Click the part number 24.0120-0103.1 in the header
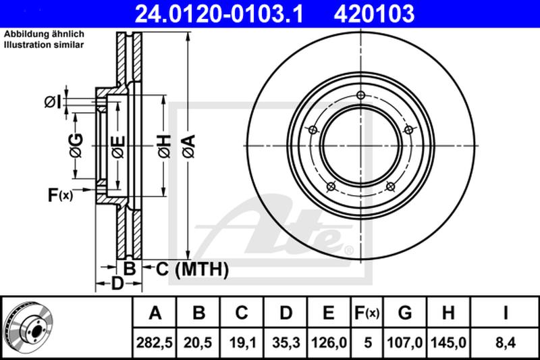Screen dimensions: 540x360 [219, 14]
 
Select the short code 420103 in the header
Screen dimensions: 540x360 [374, 14]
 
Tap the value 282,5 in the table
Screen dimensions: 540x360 [155, 342]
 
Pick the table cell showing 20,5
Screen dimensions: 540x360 [198, 342]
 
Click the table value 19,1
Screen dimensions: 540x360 [242, 342]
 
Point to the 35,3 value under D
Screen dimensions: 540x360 [286, 342]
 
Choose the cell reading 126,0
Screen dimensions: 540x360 [329, 342]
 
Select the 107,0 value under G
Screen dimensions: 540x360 [404, 342]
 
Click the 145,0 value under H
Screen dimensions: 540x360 [448, 342]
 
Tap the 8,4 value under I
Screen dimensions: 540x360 [505, 342]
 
